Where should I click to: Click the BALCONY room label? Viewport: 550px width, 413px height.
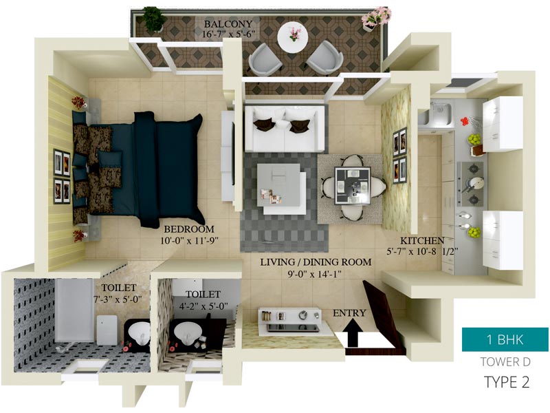228,24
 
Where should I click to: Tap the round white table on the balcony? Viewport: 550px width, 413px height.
293,36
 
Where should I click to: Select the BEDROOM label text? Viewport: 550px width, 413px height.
189,229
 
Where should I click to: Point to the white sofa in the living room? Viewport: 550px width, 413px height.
285,128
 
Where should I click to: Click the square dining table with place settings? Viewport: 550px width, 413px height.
353,186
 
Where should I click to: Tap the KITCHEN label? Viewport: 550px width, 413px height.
422,241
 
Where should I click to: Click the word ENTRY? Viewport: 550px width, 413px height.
349,313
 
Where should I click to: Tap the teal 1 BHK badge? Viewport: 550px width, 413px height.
505,339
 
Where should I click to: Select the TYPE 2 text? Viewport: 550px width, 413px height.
507,382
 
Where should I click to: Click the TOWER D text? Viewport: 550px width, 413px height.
505,362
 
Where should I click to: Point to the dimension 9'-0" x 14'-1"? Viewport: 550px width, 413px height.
315,274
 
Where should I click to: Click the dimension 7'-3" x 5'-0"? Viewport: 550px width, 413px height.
118,299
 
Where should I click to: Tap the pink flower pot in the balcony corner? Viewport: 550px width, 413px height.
375,18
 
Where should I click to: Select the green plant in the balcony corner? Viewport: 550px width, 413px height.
153,20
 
